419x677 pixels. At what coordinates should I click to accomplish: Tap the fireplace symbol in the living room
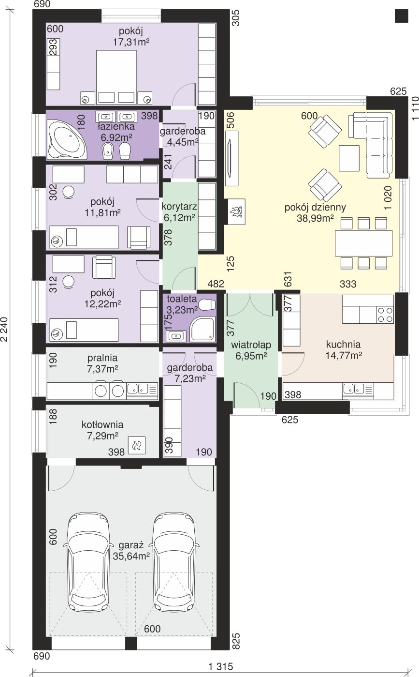point(237,211)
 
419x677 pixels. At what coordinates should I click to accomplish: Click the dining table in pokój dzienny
point(363,243)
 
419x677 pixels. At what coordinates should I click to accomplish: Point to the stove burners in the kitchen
point(385,315)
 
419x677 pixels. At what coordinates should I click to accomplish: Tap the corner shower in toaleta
point(202,329)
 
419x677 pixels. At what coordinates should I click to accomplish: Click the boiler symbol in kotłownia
point(136,445)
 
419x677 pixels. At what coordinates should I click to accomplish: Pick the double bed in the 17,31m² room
point(116,77)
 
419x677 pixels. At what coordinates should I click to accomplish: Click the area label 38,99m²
point(315,218)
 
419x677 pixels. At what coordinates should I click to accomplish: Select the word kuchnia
point(343,344)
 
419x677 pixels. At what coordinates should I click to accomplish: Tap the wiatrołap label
point(251,345)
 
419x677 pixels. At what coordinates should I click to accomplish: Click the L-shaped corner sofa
point(371,145)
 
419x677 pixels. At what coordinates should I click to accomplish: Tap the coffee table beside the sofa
point(349,158)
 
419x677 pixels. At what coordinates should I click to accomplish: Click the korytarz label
point(179,207)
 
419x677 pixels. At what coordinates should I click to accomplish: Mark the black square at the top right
point(402,15)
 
